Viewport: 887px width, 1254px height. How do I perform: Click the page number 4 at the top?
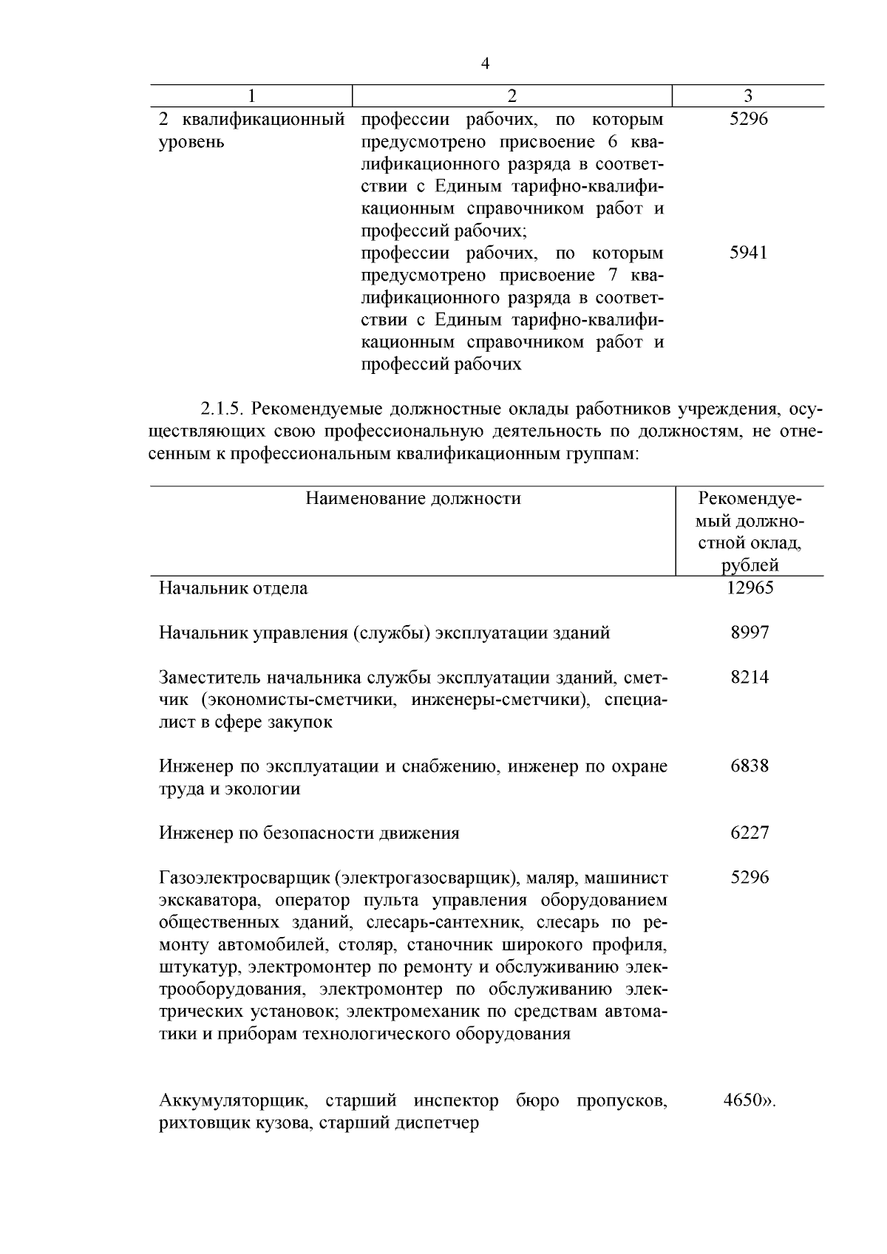[x=485, y=64]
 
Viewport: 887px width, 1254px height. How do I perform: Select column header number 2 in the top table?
[x=512, y=96]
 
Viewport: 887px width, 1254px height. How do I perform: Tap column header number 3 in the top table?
[x=748, y=96]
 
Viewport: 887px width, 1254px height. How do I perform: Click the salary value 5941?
[x=748, y=253]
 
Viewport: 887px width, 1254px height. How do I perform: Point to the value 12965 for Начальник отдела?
[x=750, y=588]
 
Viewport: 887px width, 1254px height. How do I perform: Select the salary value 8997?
[x=750, y=633]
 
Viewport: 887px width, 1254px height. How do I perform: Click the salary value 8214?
[x=750, y=677]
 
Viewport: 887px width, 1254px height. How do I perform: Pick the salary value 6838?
[x=750, y=766]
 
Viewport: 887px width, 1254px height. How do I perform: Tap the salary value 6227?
[x=750, y=833]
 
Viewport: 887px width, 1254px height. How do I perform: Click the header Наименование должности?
[x=413, y=499]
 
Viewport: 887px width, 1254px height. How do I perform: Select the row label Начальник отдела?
[x=233, y=589]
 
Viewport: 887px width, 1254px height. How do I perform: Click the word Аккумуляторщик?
[x=232, y=1101]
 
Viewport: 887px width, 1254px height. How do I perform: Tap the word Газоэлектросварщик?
[x=245, y=878]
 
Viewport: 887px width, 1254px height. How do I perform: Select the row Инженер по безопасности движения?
[x=309, y=834]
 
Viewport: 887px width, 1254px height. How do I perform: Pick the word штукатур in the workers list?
[x=200, y=967]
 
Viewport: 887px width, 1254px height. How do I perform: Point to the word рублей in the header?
[x=750, y=566]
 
